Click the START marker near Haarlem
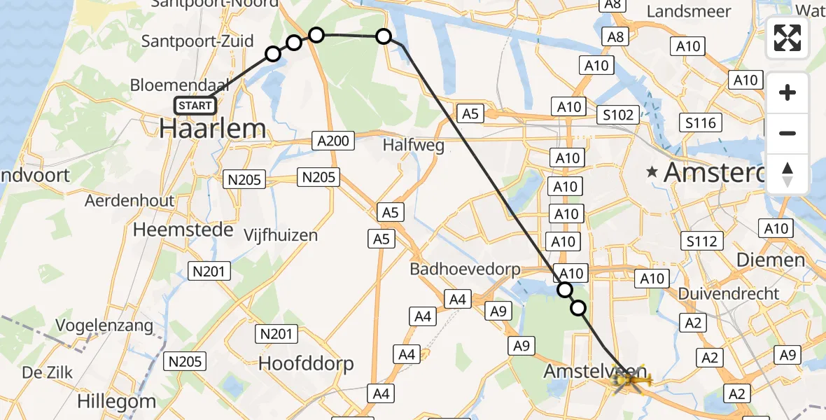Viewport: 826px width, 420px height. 195,106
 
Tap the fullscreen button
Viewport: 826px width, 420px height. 787,38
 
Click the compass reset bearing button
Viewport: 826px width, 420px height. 787,174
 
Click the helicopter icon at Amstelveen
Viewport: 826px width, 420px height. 629,380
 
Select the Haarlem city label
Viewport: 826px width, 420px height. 213,129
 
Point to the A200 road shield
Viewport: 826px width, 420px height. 332,141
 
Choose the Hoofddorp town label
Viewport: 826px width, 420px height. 306,363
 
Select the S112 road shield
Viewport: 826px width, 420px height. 701,241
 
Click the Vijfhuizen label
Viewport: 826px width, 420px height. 281,234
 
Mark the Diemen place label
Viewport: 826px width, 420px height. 770,260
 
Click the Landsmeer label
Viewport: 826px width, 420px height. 689,12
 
